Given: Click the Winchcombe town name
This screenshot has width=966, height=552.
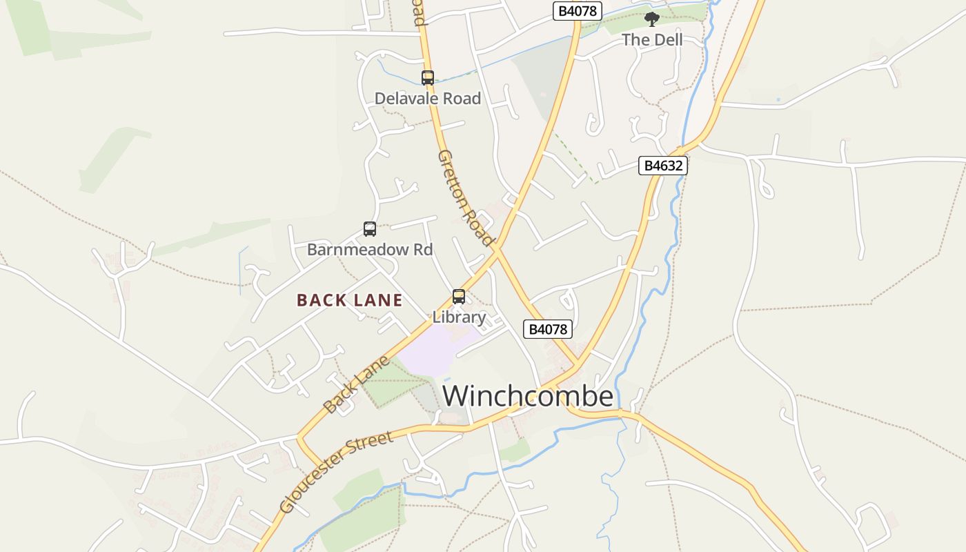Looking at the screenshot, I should coord(528,396).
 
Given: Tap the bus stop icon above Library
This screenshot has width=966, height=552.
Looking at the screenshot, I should coord(459,297).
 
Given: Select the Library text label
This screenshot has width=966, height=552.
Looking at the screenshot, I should coord(459,317).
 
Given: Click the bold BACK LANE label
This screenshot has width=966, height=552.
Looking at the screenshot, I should coord(350,300).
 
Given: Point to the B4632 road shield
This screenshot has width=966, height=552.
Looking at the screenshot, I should coord(663,166).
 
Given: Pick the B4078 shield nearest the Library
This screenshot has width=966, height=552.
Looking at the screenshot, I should coord(548,329).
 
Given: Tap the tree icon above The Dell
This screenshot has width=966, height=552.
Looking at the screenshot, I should coord(651,19).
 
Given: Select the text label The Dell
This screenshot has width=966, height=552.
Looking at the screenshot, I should coord(652,40).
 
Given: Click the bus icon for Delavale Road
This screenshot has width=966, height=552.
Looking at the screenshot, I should coord(428,78).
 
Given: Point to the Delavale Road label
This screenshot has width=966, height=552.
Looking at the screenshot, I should coord(428,99).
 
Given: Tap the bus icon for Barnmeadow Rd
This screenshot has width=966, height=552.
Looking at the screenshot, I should coord(370,229).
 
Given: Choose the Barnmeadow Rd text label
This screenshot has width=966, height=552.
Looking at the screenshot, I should coord(370,249).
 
